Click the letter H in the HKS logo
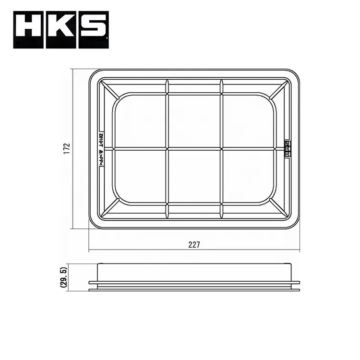click(x=29, y=30)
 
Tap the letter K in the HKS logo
click(x=61, y=30)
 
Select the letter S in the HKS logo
click(x=93, y=30)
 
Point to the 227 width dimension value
click(x=194, y=244)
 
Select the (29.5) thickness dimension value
click(x=63, y=277)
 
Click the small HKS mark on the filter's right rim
click(x=287, y=148)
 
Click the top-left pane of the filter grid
click(x=140, y=121)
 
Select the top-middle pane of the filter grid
click(x=194, y=121)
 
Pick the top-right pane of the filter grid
click(x=248, y=121)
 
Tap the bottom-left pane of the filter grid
click(x=140, y=176)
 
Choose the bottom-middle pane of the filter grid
click(x=194, y=176)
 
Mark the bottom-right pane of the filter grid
click(x=248, y=176)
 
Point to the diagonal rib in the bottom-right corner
click(x=278, y=207)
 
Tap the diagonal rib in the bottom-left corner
click(x=110, y=207)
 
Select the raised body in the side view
click(x=194, y=272)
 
